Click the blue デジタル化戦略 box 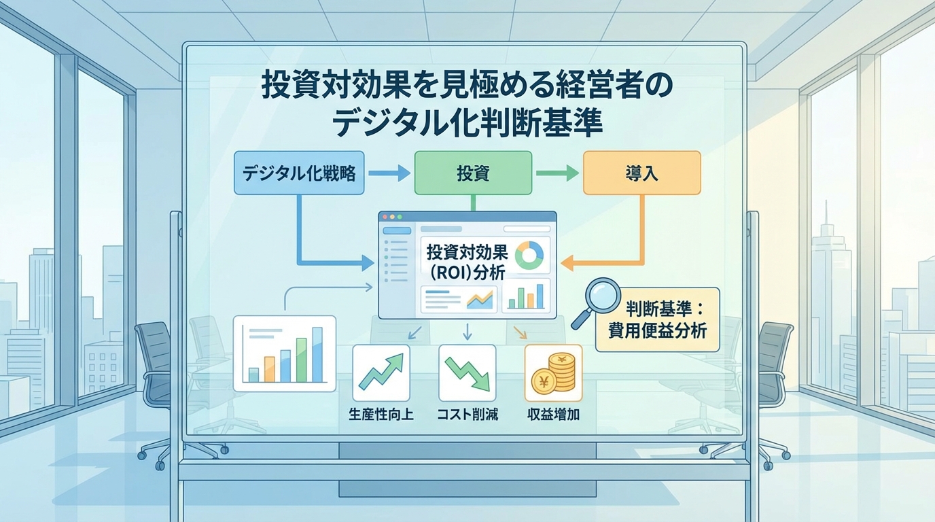click(x=299, y=173)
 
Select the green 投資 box click(x=472, y=173)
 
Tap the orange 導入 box click(x=641, y=173)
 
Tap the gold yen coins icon click(x=553, y=372)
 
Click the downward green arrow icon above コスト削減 click(x=467, y=372)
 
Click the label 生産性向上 click(x=381, y=414)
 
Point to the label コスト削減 click(x=467, y=414)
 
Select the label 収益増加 click(x=553, y=414)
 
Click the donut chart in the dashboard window click(x=529, y=255)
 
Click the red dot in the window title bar click(x=385, y=217)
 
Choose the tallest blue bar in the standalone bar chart click(x=317, y=354)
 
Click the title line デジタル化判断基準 click(x=467, y=124)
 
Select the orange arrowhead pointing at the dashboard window click(x=569, y=262)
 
